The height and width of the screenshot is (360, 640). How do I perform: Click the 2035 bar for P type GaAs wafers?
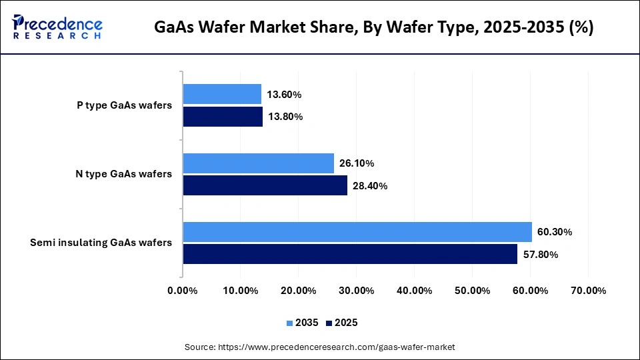pyautogui.click(x=222, y=94)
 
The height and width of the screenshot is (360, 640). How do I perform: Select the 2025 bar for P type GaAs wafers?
pyautogui.click(x=223, y=117)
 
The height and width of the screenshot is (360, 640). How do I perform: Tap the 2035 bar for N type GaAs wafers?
pyautogui.click(x=258, y=163)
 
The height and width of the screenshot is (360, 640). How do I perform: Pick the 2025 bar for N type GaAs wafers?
pyautogui.click(x=265, y=186)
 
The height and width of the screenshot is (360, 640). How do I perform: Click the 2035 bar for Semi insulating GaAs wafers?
pyautogui.click(x=357, y=232)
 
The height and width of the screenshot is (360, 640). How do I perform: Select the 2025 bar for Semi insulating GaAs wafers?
pyautogui.click(x=350, y=254)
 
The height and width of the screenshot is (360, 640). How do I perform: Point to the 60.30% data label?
pyautogui.click(x=555, y=232)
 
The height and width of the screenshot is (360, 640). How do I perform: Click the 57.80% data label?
pyautogui.click(x=541, y=255)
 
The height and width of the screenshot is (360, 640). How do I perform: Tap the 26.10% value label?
pyautogui.click(x=357, y=163)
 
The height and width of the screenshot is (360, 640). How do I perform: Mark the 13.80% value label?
pyautogui.click(x=285, y=117)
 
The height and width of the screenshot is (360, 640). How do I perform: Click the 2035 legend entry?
pyautogui.click(x=303, y=323)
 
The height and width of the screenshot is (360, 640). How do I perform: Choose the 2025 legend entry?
pyautogui.click(x=342, y=323)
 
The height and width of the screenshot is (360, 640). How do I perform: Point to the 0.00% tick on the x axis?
pyautogui.click(x=183, y=291)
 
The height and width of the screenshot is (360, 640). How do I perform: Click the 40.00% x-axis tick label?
pyautogui.click(x=414, y=291)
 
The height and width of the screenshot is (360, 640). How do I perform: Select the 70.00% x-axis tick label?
pyautogui.click(x=588, y=291)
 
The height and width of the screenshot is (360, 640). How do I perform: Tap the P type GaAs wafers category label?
pyautogui.click(x=124, y=105)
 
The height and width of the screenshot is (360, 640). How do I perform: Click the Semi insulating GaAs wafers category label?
pyautogui.click(x=101, y=243)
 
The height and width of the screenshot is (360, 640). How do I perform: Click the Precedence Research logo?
pyautogui.click(x=57, y=27)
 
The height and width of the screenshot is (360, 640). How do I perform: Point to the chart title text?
pyautogui.click(x=374, y=27)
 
